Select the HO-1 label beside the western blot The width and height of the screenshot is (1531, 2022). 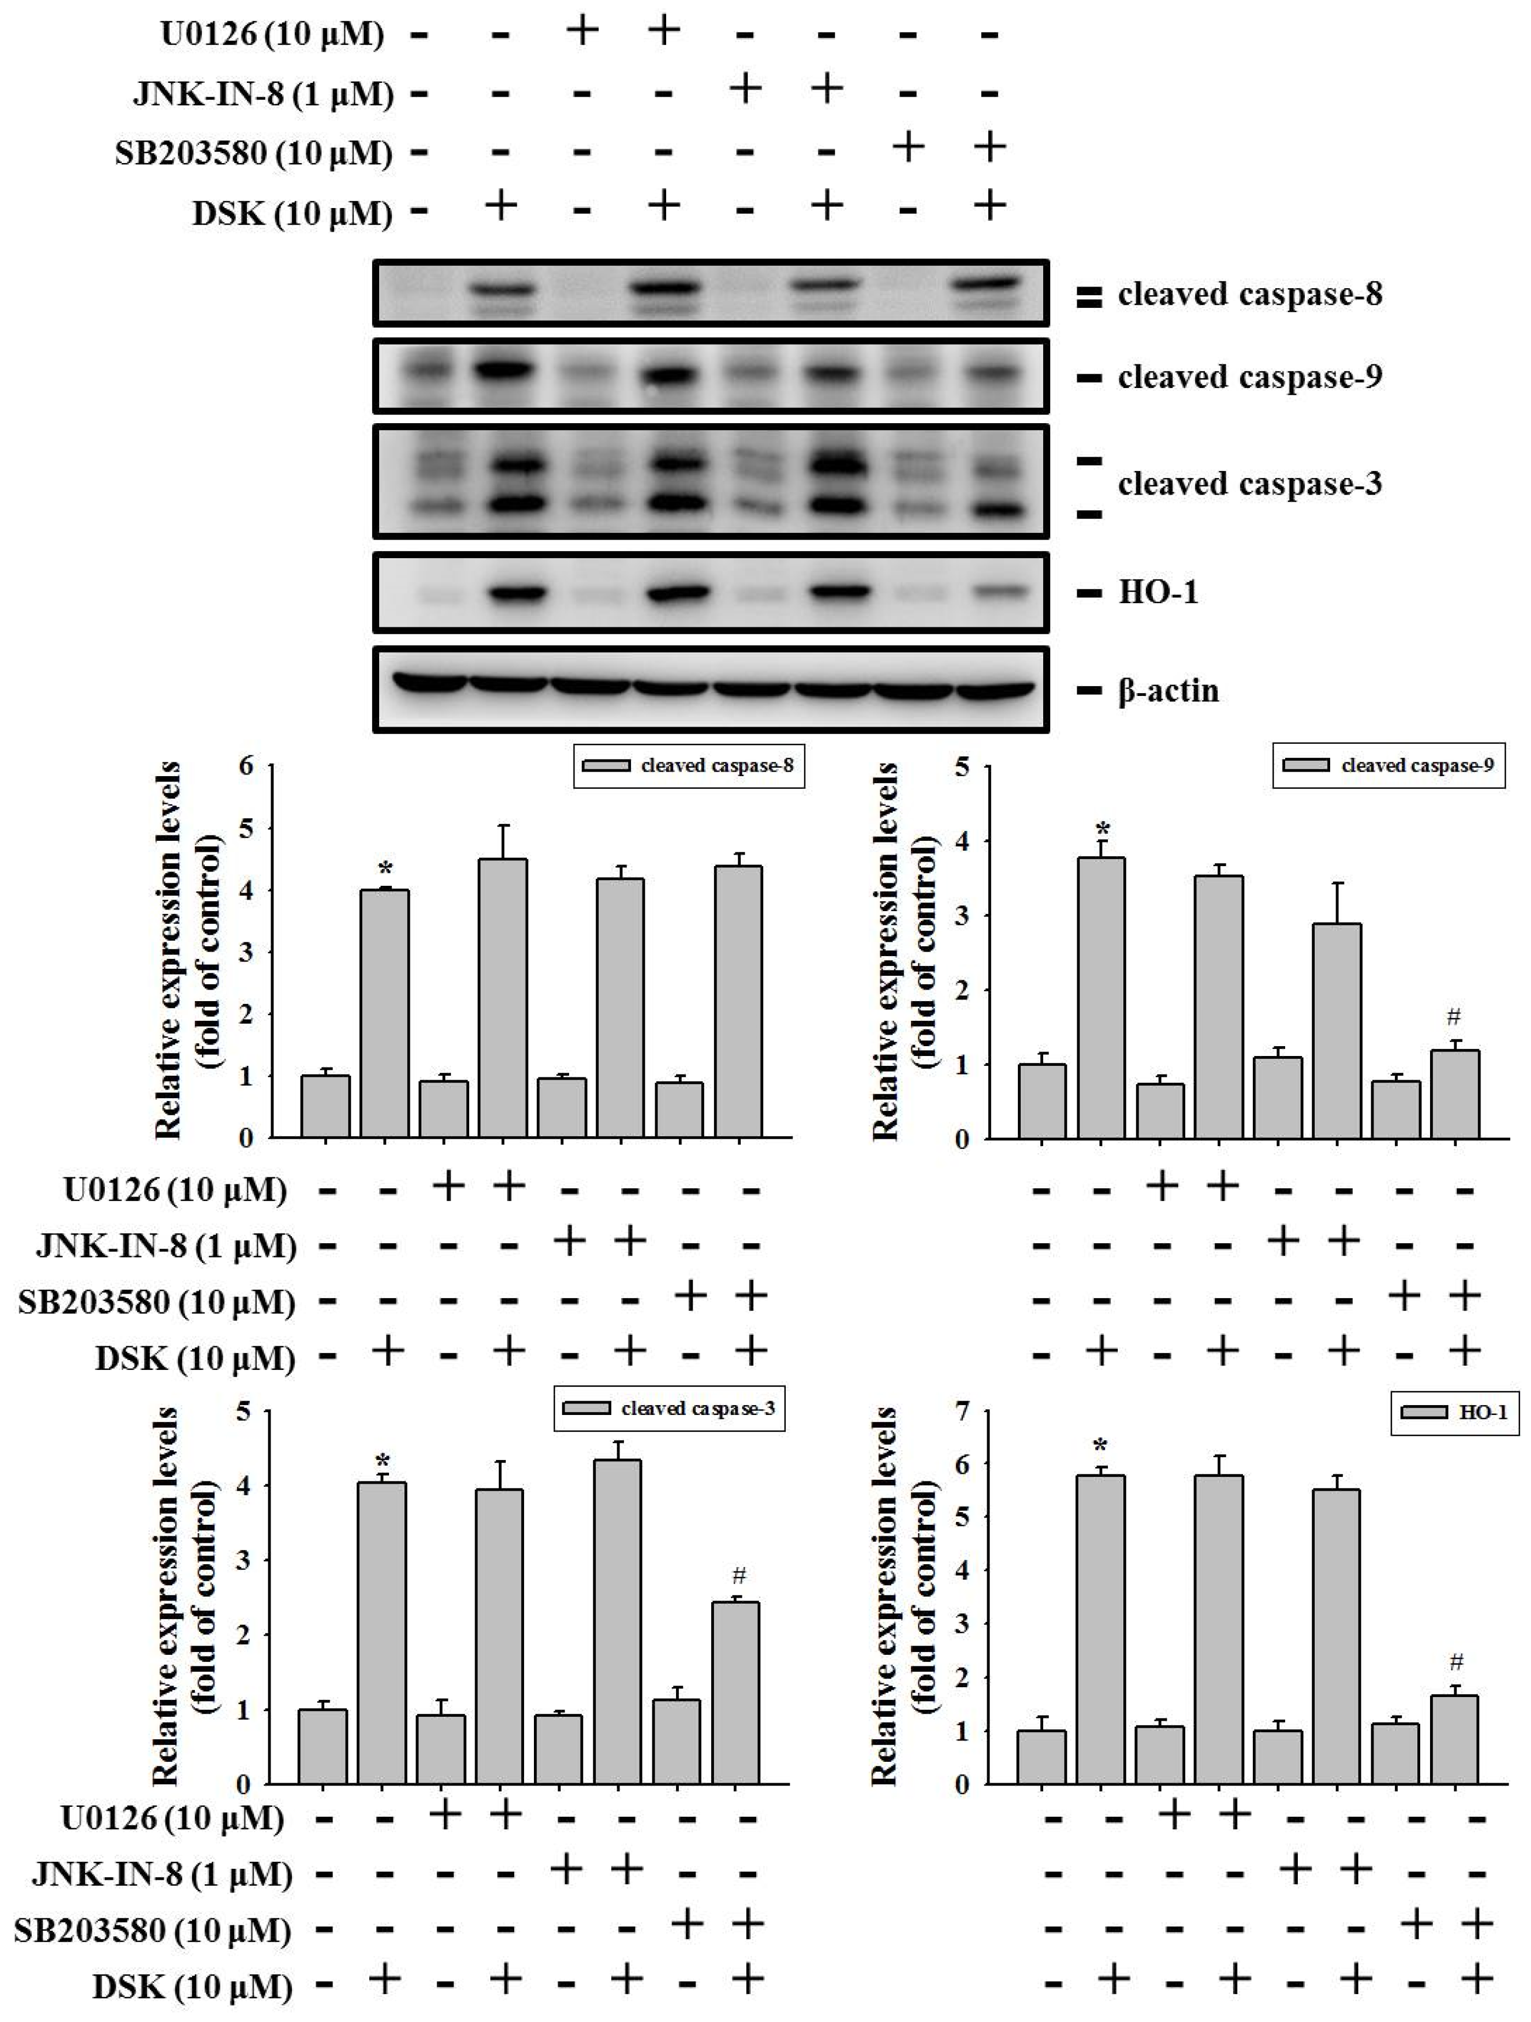pos(1157,593)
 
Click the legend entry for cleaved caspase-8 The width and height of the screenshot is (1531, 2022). pos(689,766)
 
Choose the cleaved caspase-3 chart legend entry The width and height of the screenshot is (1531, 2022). pos(669,1408)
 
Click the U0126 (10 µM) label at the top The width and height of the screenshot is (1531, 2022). pos(272,35)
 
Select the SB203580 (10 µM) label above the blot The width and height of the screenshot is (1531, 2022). pos(253,153)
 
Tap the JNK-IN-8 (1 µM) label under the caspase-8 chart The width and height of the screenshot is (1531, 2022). pos(166,1246)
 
